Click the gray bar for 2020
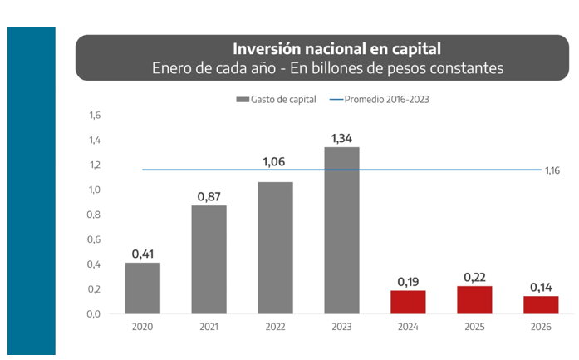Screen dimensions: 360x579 click(143, 288)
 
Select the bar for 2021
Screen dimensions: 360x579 click(209, 259)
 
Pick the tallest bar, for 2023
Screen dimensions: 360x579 click(341, 230)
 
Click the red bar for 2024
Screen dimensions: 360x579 click(408, 302)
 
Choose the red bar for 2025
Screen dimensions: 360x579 click(474, 300)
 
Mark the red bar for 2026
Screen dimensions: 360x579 click(541, 305)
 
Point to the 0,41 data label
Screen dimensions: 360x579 click(143, 253)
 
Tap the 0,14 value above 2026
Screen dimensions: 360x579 click(541, 287)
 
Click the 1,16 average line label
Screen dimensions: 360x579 click(553, 170)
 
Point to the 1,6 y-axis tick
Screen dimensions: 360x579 click(94, 116)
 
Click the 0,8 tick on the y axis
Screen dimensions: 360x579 click(94, 215)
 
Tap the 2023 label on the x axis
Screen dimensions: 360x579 click(341, 328)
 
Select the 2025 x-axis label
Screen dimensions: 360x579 click(474, 328)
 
